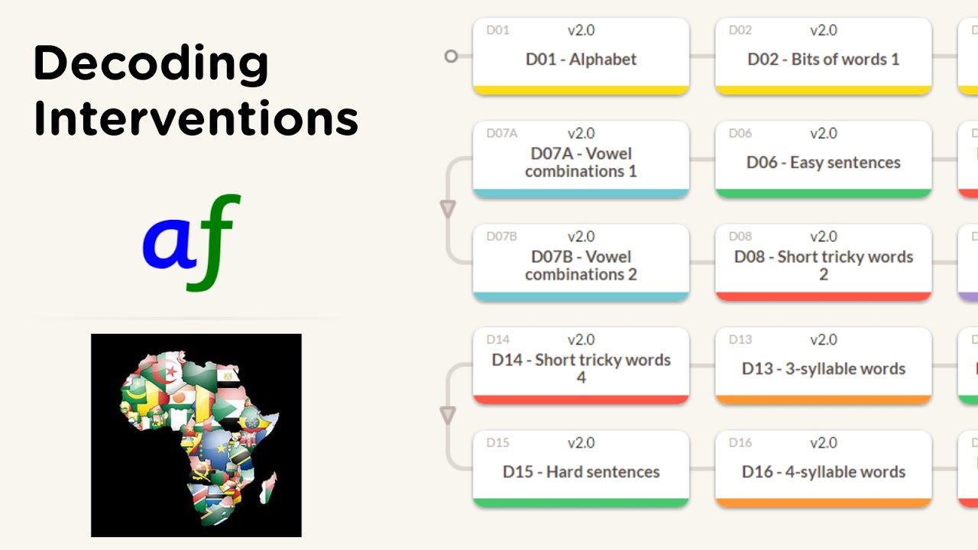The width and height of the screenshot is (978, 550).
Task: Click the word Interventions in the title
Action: tap(196, 119)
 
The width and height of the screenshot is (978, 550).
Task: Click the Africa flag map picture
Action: tap(196, 435)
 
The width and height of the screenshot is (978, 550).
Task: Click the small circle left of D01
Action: tap(451, 56)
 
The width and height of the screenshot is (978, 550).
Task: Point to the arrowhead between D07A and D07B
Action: tap(448, 209)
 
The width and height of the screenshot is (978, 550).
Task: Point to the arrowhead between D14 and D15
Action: tap(448, 415)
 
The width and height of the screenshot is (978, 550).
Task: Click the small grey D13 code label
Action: tap(740, 340)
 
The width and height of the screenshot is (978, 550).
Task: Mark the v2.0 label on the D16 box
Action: tap(824, 443)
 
